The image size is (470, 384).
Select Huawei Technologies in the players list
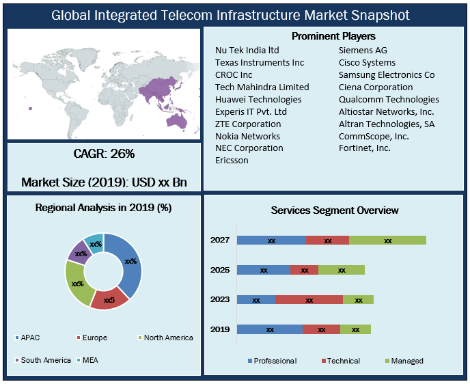click(258, 99)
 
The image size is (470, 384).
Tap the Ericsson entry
click(232, 161)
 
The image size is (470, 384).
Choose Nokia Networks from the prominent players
click(247, 136)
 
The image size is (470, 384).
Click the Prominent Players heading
click(333, 36)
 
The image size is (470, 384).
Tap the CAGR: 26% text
click(104, 154)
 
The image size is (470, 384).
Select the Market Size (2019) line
click(104, 182)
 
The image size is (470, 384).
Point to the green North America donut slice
click(77, 283)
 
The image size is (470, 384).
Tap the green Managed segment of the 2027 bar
click(387, 241)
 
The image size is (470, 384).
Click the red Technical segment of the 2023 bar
click(309, 300)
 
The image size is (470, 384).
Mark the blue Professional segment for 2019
click(270, 329)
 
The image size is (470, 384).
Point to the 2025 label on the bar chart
click(219, 270)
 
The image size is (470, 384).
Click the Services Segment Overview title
click(335, 210)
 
